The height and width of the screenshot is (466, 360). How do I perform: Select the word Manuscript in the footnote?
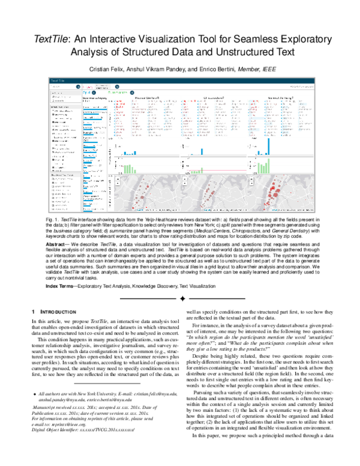click(46, 424)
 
